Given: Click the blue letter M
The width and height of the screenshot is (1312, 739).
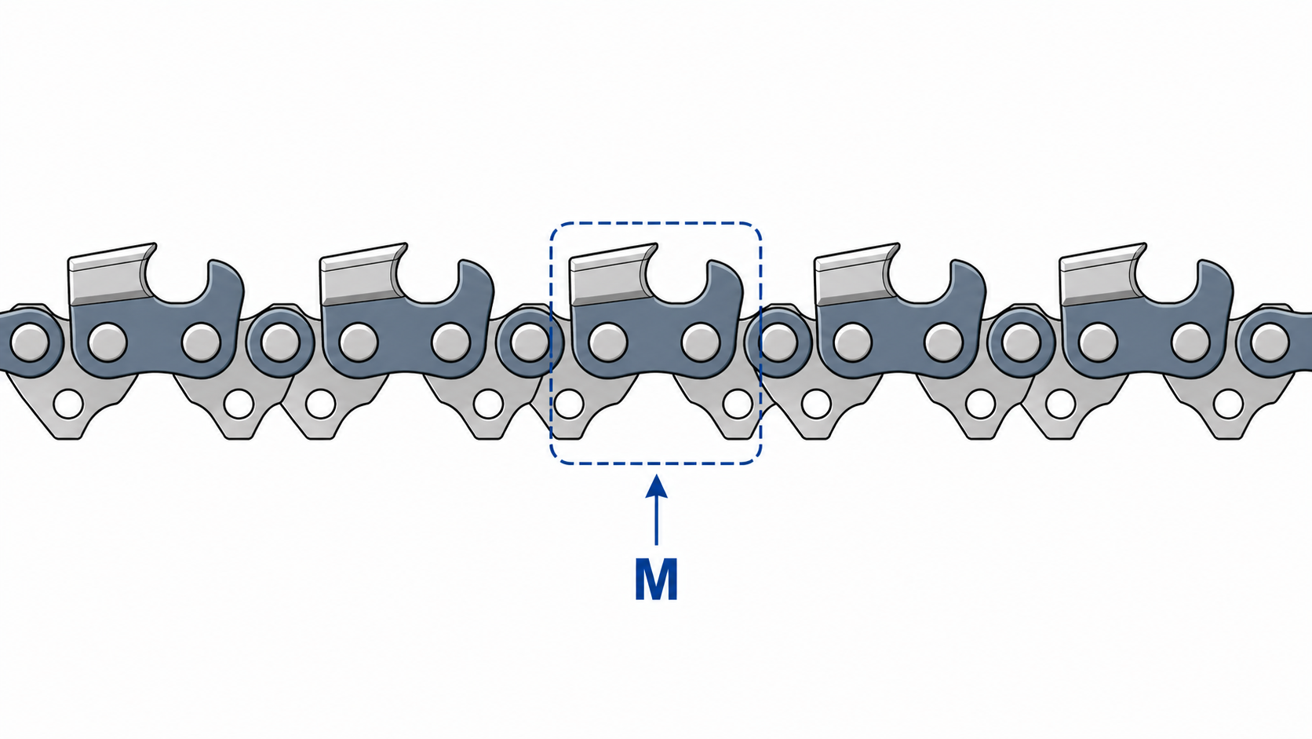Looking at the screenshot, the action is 657,580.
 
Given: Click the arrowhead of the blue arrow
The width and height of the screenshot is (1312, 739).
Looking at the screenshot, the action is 657,486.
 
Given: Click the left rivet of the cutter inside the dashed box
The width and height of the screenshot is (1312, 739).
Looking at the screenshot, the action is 608,342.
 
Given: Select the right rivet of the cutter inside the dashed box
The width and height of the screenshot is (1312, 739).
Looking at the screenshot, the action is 701,342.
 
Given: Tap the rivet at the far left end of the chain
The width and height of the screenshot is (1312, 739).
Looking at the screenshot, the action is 29,342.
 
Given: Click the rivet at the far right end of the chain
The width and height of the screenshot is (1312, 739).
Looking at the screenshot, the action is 1270,342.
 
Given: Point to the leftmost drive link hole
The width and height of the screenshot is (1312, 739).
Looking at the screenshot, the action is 68,404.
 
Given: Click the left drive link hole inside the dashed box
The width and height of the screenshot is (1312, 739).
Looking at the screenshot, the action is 569,404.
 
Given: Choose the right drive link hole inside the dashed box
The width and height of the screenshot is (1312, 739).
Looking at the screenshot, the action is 738,404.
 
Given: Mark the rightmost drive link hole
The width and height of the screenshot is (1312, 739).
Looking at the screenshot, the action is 1228,404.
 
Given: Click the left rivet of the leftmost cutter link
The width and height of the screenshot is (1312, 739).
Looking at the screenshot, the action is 108,342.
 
